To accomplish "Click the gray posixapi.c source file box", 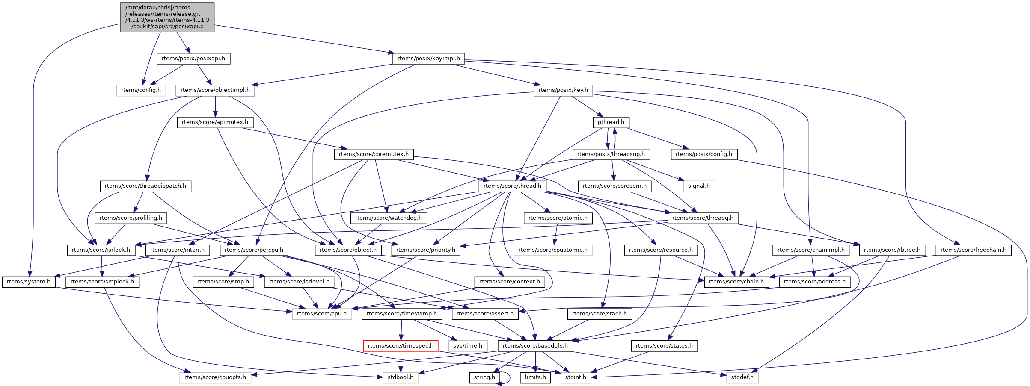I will [167, 17].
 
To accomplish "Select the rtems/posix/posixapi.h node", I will [193, 59].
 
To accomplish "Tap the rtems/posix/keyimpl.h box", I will [428, 59].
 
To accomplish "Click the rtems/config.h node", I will [141, 90].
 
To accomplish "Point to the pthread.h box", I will [611, 122].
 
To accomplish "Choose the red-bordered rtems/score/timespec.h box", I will [401, 346].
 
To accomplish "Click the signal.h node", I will [699, 186].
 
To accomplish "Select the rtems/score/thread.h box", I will [512, 186].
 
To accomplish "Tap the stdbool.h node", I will [400, 377].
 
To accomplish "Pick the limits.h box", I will [535, 377].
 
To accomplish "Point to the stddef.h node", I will [742, 377].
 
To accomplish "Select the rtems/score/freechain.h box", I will [974, 250].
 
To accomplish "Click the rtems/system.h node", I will [29, 282].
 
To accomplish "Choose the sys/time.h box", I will [467, 346].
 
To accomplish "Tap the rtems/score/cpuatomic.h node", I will [553, 250].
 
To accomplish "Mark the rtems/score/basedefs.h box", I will [535, 346].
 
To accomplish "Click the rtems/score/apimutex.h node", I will [215, 122].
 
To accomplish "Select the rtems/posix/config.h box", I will [704, 154].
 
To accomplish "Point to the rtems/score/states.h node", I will [664, 346].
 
